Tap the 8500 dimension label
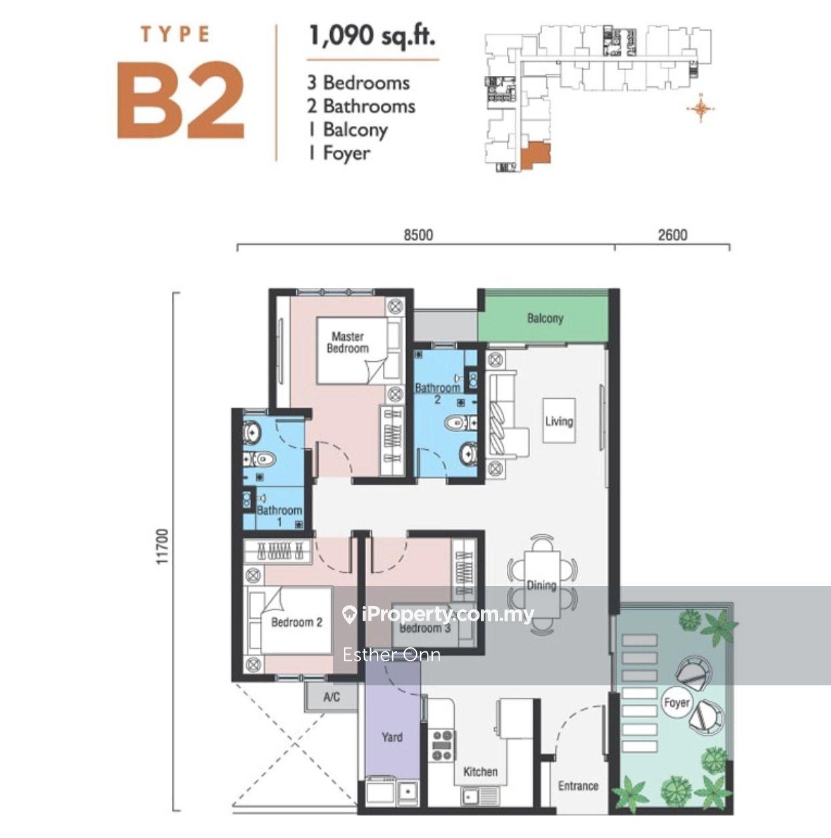[418, 235]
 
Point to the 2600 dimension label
[673, 235]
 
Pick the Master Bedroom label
[347, 342]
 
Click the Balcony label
[545, 318]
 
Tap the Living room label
[559, 421]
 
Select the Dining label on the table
[542, 585]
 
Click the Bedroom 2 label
[297, 622]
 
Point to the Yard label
[392, 737]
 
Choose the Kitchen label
[480, 771]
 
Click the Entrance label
[578, 786]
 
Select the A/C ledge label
[331, 697]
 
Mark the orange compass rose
[700, 109]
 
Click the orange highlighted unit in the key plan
[536, 155]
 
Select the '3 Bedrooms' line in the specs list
[359, 83]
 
